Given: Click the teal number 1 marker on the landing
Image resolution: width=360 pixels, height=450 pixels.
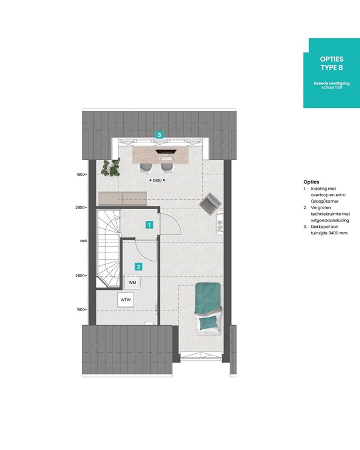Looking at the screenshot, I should [x=150, y=224].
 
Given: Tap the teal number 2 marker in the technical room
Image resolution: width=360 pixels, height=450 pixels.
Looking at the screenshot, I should [x=138, y=267].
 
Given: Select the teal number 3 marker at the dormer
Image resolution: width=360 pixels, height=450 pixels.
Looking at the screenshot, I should [x=159, y=135].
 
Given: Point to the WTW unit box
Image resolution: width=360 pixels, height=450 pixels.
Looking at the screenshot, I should [x=125, y=300].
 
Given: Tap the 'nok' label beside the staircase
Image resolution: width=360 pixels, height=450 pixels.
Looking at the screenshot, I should [x=84, y=241].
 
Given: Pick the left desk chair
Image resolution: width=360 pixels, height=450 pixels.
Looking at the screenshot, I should [x=145, y=168].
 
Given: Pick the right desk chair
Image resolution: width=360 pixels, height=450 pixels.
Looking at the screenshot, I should [x=167, y=168].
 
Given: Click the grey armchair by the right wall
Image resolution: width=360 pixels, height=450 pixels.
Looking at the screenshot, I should [x=209, y=204].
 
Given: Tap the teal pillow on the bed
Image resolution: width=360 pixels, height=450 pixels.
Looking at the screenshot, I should [x=206, y=322].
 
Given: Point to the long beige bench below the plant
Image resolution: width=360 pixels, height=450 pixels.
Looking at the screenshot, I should [x=122, y=198].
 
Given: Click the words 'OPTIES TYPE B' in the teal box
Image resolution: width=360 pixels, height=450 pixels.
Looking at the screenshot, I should [x=331, y=63].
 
